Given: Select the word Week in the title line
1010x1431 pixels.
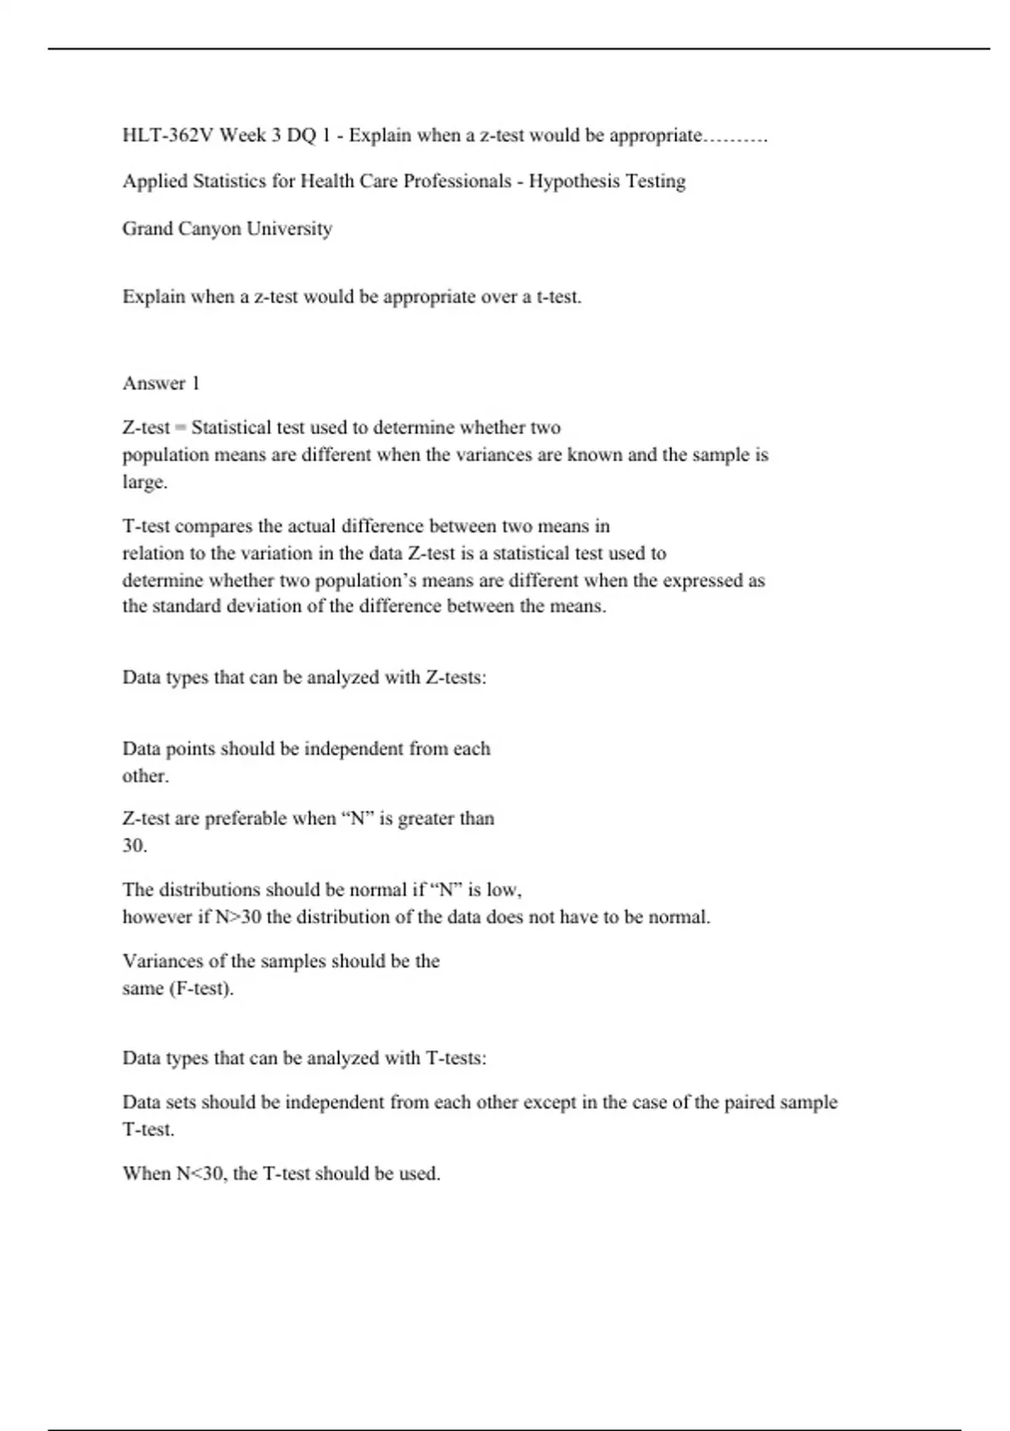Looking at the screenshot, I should [242, 136].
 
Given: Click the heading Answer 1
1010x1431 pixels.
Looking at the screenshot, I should [161, 384].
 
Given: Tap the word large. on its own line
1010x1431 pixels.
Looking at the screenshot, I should [145, 483].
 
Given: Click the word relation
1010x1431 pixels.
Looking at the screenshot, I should [150, 554].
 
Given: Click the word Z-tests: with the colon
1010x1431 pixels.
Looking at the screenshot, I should [456, 678].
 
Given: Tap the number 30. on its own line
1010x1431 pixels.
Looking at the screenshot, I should [135, 846].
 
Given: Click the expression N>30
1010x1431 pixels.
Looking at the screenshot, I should [238, 918].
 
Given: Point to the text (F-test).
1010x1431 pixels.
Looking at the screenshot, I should [201, 989].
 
